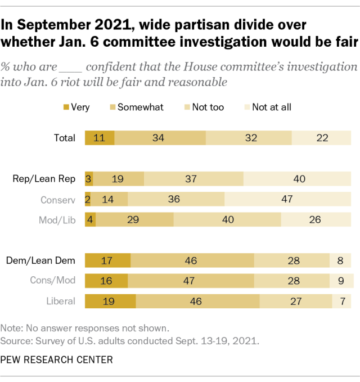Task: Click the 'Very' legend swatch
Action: (66, 107)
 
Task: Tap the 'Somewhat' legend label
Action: (140, 107)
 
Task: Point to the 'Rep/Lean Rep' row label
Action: (44, 179)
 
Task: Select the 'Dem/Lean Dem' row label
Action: (41, 260)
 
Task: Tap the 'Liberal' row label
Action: (60, 300)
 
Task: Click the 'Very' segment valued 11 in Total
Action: (100, 138)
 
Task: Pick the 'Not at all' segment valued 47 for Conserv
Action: (287, 199)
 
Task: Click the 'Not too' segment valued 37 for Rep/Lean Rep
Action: (193, 179)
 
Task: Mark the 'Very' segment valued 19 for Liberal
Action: (110, 300)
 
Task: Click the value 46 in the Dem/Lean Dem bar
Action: (192, 260)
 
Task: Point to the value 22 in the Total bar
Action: (322, 138)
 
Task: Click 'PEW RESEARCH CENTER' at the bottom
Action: (57, 359)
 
